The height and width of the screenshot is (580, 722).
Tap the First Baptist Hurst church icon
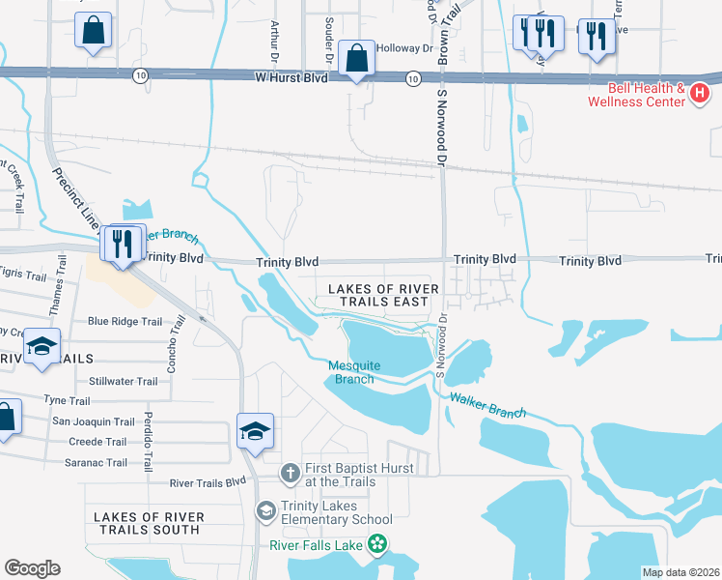coord(289,474)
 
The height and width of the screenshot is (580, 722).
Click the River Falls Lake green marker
coord(381,546)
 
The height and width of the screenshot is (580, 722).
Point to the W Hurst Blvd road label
coord(292,75)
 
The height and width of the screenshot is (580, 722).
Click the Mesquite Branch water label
coord(354,372)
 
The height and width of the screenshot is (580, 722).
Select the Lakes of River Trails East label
coord(383,295)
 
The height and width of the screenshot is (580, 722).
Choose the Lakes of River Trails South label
coord(148,523)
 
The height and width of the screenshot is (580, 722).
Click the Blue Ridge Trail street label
coord(125,322)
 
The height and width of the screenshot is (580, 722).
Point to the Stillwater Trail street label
coord(123,382)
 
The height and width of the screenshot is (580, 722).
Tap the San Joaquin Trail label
coord(93,421)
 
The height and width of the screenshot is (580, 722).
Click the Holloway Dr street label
coord(405,47)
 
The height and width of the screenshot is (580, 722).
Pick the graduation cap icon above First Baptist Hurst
coord(255,431)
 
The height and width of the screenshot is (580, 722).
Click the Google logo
coord(32,568)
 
